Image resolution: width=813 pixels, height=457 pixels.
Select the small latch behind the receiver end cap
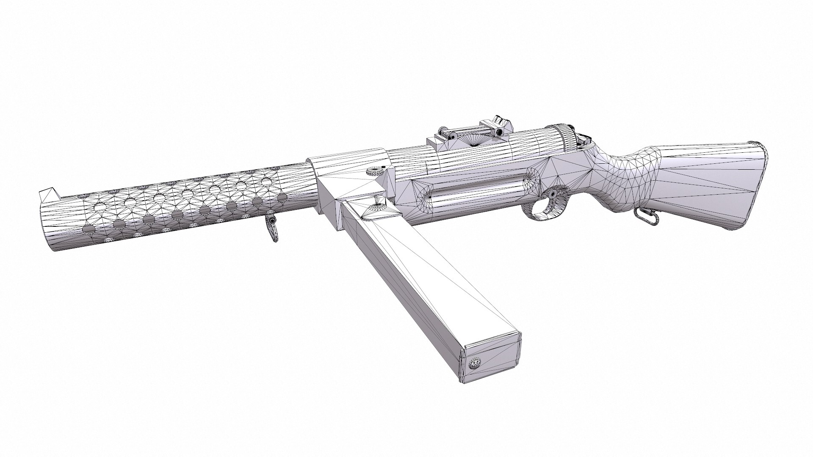pos(585,137)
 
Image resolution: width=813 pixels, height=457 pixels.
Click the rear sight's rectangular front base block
pos(437,144)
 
